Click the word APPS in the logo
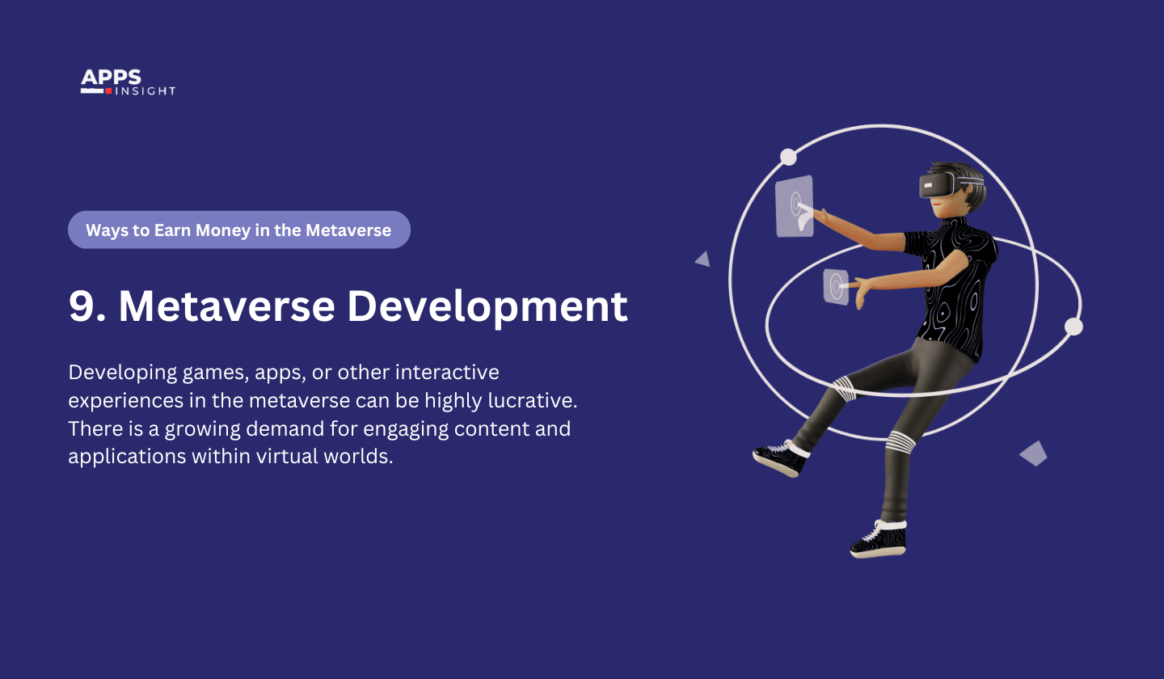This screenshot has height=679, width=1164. (x=111, y=78)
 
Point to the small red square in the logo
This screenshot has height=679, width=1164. (x=108, y=91)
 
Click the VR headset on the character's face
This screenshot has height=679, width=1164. (x=938, y=186)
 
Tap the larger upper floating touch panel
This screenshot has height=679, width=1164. (x=794, y=206)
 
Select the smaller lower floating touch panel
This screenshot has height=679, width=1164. (x=836, y=287)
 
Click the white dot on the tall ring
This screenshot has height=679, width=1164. (x=788, y=157)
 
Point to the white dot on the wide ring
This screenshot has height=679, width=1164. (x=1073, y=327)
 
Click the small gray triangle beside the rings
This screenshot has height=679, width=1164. (x=703, y=259)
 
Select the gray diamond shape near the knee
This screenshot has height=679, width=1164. (x=1033, y=453)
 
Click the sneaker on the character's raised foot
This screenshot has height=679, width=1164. (x=781, y=458)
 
